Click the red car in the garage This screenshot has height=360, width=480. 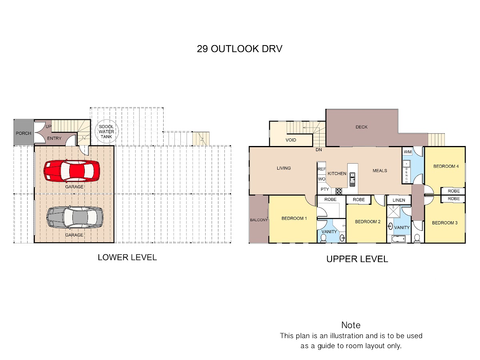coord(72,171)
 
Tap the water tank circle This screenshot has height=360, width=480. coord(107,131)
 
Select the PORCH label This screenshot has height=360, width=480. coord(23,133)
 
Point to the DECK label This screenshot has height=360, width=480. coord(362,127)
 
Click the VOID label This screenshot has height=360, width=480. coord(291,140)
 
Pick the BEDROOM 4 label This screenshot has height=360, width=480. coord(446,166)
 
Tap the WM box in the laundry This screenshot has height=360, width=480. coord(408,152)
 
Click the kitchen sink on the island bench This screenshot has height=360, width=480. coord(352,179)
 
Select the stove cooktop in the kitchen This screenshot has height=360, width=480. coord(339,191)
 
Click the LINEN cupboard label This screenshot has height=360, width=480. coord(399,200)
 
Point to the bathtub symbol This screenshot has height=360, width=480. coord(398,239)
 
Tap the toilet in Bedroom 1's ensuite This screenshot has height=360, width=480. coord(323,238)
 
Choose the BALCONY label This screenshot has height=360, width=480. coord(259,220)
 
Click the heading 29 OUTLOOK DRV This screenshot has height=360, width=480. coord(240,49)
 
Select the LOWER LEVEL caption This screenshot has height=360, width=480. coord(127,257)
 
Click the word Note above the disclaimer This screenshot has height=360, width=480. coord(351,325)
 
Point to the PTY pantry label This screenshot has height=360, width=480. coord(325,189)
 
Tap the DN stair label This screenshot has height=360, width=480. coord(319,150)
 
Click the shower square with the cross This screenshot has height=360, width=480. coord(394,211)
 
